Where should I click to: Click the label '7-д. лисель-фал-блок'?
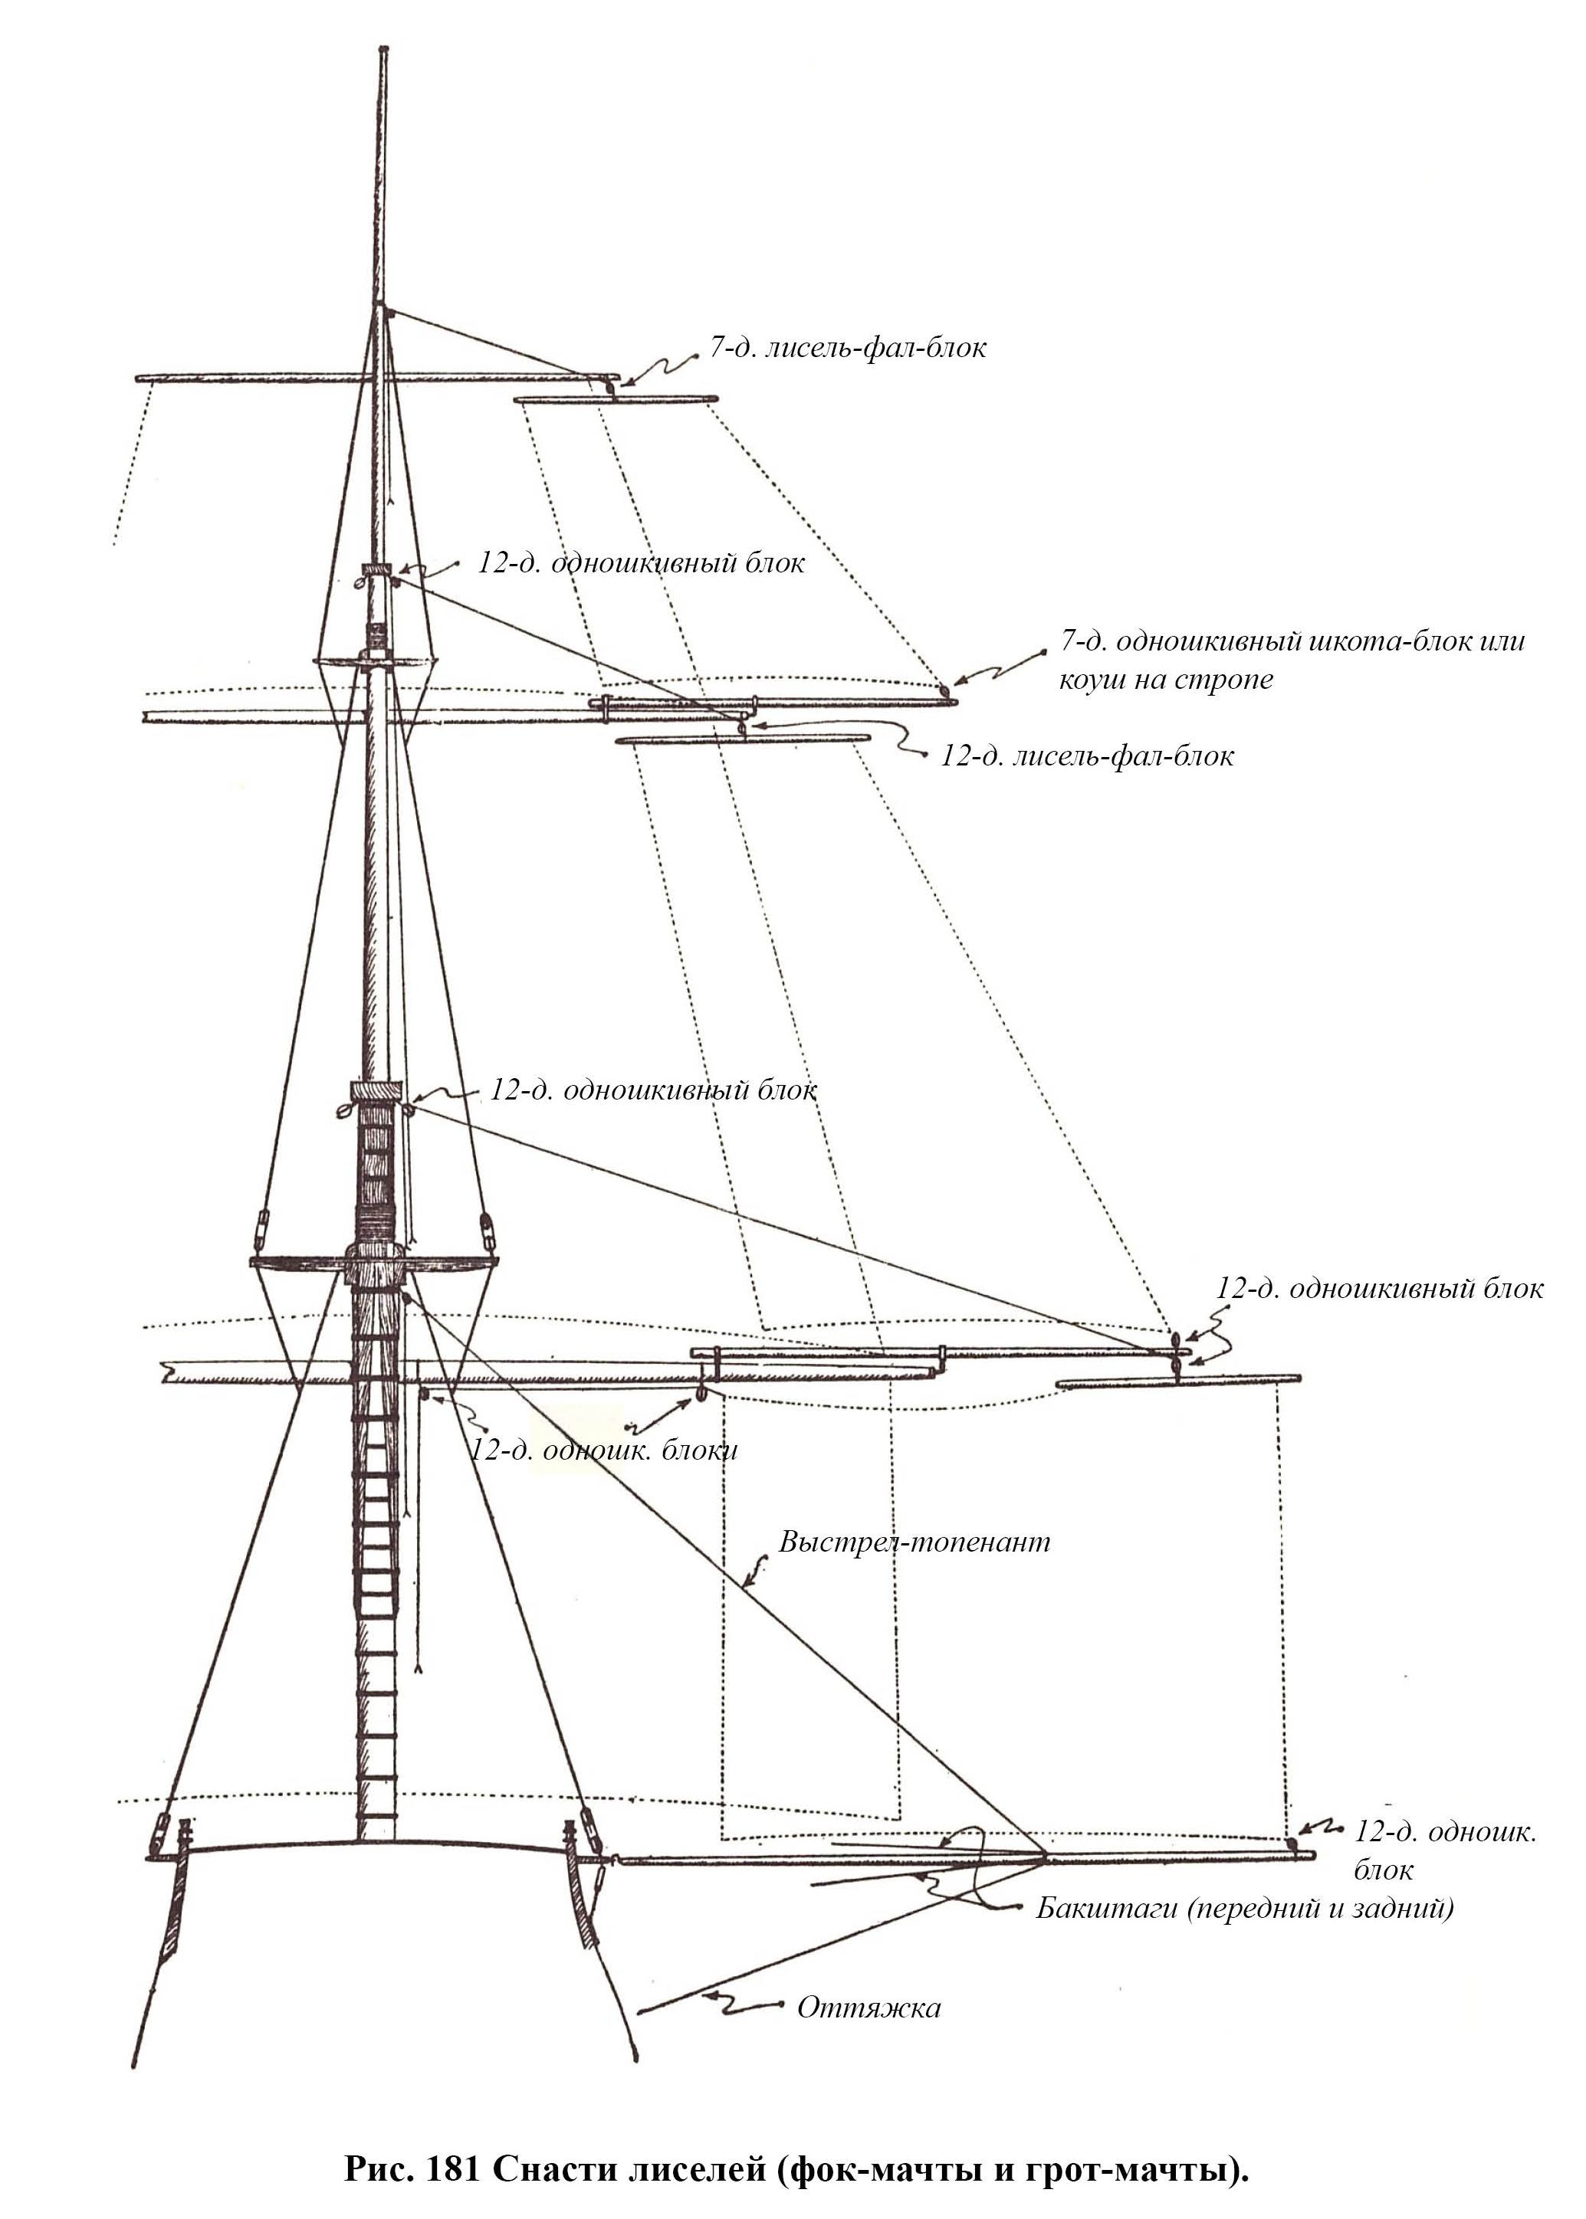tap(847, 349)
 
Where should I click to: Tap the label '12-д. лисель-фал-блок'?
tap(1086, 756)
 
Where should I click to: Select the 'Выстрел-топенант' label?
tap(914, 1542)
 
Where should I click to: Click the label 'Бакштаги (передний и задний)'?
tap(1244, 1908)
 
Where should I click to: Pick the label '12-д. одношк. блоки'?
tap(603, 1450)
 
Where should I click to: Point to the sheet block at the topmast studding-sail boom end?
tap(944, 691)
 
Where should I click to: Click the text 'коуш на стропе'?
tap(1166, 680)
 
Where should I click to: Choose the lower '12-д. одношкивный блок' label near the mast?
tap(652, 1090)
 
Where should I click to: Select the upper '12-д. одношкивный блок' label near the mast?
tap(641, 563)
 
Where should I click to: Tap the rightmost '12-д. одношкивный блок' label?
tap(1379, 1289)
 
